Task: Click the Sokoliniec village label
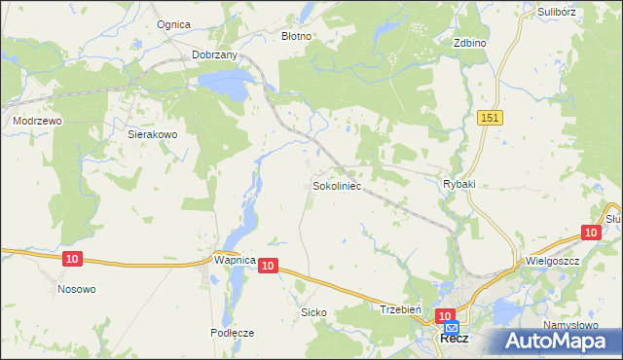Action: tap(338, 184)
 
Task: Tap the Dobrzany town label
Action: tap(215, 55)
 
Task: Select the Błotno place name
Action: tap(296, 36)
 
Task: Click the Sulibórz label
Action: tap(558, 12)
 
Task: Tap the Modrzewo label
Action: tap(37, 121)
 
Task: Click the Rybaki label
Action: tap(458, 184)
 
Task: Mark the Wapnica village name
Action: tap(234, 262)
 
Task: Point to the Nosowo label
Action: tap(77, 289)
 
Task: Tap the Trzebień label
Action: tap(399, 308)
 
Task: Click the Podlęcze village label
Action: tap(232, 332)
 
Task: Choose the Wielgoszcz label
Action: tap(552, 262)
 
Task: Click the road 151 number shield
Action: tap(490, 117)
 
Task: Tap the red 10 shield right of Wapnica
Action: tap(270, 265)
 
